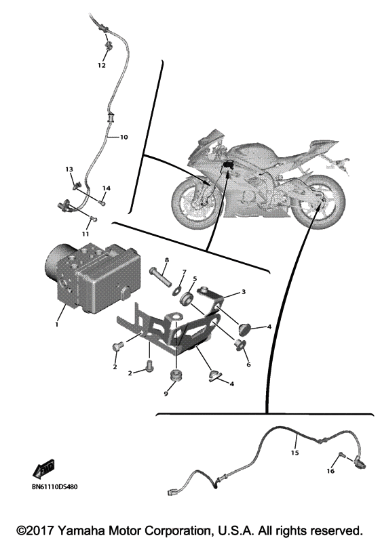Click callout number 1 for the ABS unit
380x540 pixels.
(57, 324)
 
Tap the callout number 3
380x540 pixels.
(244, 292)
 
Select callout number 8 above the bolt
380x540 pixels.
(167, 260)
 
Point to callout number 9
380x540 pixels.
(166, 394)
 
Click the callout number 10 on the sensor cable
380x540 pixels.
(123, 137)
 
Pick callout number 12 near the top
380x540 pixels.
(101, 65)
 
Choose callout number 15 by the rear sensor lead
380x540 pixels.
(294, 453)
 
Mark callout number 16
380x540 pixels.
(330, 471)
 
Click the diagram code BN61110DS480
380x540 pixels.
(55, 487)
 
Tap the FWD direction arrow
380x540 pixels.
(43, 470)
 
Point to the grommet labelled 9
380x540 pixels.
(176, 375)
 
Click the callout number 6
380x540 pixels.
(248, 365)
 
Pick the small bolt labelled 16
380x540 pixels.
(342, 455)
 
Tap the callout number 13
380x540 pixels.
(69, 169)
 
